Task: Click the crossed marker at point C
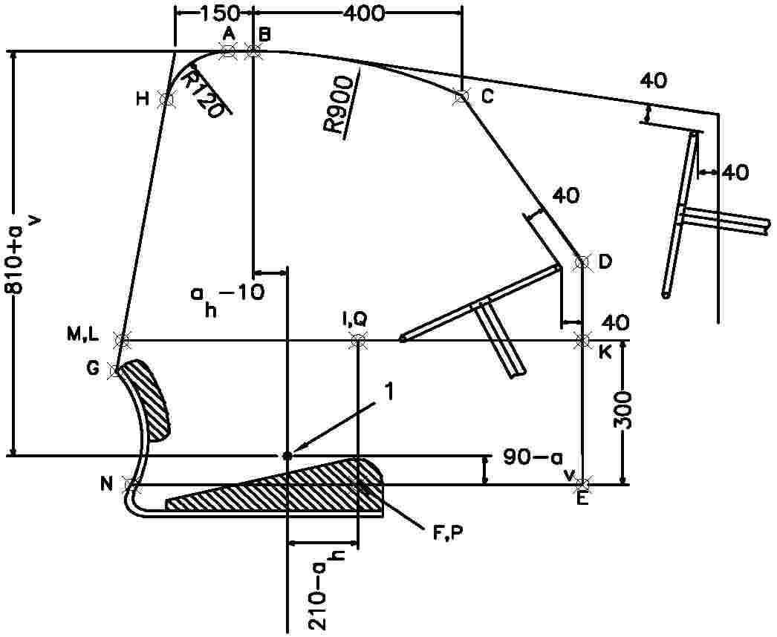(x=461, y=97)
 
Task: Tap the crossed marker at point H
(x=166, y=99)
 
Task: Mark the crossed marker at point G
(x=116, y=370)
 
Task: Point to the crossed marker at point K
(x=582, y=340)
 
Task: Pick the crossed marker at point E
(x=583, y=484)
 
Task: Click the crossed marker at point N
(x=132, y=485)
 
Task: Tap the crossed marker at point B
(x=253, y=50)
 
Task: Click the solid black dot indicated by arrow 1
(x=287, y=455)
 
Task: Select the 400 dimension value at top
(x=363, y=13)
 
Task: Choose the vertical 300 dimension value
(x=622, y=410)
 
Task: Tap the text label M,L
(x=83, y=336)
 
